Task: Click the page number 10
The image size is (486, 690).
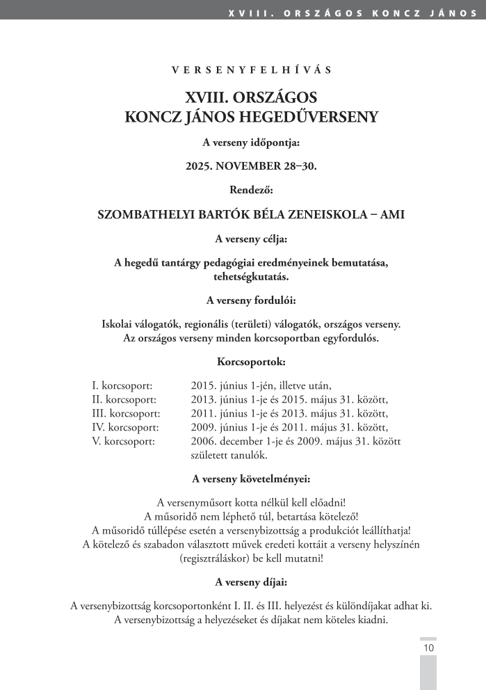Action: [x=428, y=648]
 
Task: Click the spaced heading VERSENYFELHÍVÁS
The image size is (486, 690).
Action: [x=251, y=70]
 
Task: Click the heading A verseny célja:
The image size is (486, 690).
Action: [x=251, y=239]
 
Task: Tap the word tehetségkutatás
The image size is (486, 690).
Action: [x=251, y=277]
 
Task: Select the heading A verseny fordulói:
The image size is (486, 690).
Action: [x=251, y=300]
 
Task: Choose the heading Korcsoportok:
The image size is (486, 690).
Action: [x=251, y=362]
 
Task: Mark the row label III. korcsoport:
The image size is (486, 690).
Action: [x=126, y=413]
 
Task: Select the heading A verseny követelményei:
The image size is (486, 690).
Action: [x=251, y=479]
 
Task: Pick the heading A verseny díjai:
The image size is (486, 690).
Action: [x=251, y=582]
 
